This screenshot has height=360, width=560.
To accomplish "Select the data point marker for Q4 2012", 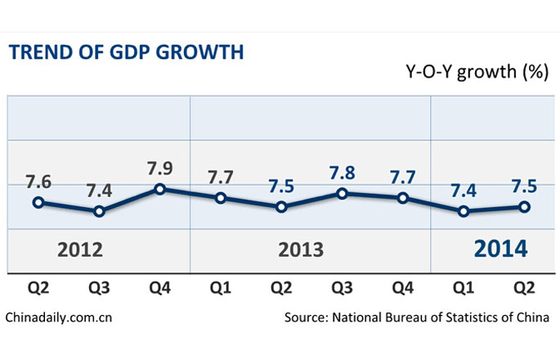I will [x=160, y=189].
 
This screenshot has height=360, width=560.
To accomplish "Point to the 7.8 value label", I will [x=343, y=173].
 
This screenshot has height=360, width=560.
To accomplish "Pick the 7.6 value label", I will [x=38, y=182].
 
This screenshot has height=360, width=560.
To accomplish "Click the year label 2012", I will [x=79, y=249].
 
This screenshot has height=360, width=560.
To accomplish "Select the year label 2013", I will [x=302, y=249].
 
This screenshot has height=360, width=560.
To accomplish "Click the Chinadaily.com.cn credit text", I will [x=58, y=317].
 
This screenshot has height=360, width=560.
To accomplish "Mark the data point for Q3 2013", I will [x=343, y=194].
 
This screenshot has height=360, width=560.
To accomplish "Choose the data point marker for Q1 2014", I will [x=464, y=211].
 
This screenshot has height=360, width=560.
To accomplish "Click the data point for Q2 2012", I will [x=38, y=202].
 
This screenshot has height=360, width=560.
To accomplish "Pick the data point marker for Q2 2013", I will [x=282, y=207].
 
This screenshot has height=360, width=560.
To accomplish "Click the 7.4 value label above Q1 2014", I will [x=464, y=191].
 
